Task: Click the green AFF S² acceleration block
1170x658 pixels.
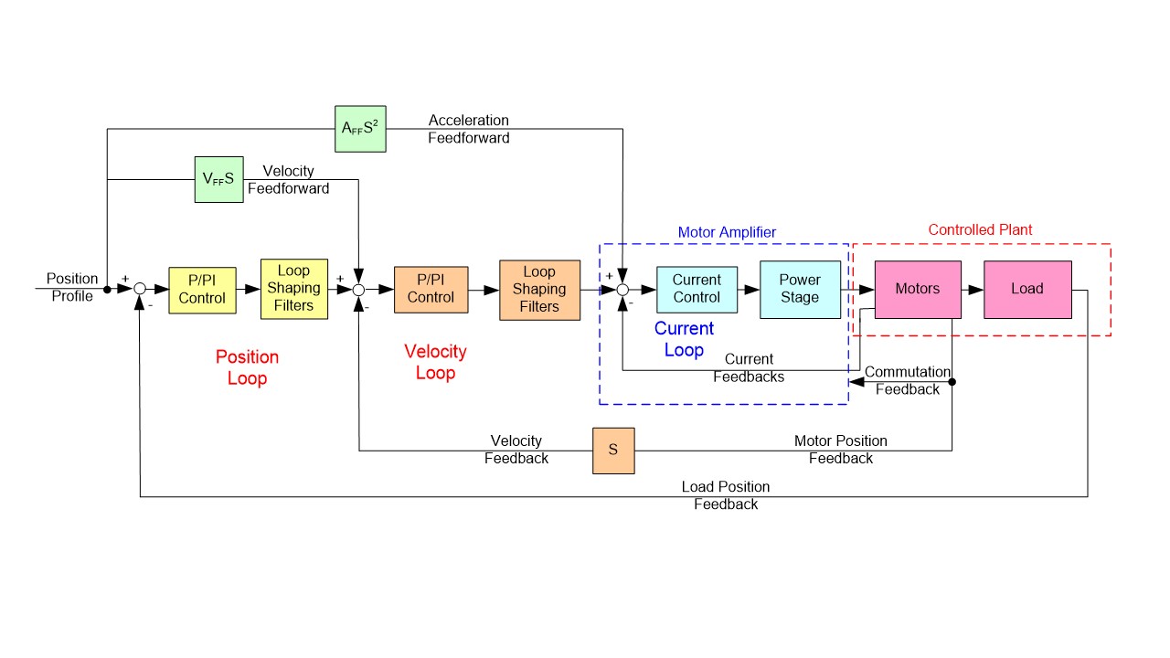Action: pyautogui.click(x=360, y=129)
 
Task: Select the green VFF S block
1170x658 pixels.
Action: pyautogui.click(x=218, y=179)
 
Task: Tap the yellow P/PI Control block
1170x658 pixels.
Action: pyautogui.click(x=202, y=290)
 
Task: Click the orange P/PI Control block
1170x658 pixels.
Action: pyautogui.click(x=431, y=290)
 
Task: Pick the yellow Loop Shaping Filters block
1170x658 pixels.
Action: pyautogui.click(x=293, y=289)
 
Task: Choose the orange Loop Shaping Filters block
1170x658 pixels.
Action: pyautogui.click(x=539, y=290)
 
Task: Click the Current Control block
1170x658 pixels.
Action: pyautogui.click(x=697, y=289)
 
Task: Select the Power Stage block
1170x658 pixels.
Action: pyautogui.click(x=800, y=289)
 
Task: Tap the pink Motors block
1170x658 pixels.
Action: pyautogui.click(x=917, y=289)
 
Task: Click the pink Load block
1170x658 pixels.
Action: pyautogui.click(x=1027, y=289)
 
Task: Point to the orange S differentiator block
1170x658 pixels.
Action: pyautogui.click(x=613, y=450)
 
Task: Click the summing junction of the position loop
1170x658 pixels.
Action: pyautogui.click(x=140, y=290)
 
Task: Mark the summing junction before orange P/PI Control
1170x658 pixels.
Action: pyautogui.click(x=358, y=290)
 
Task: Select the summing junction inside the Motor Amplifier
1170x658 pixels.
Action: pyautogui.click(x=622, y=290)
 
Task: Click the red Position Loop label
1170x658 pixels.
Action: pyautogui.click(x=247, y=367)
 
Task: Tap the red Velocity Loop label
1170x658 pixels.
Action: pyautogui.click(x=435, y=362)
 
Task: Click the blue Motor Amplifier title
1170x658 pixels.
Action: pyautogui.click(x=727, y=232)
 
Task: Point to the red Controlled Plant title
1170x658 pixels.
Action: pyautogui.click(x=980, y=230)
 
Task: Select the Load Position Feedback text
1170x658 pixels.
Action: pyautogui.click(x=726, y=495)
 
